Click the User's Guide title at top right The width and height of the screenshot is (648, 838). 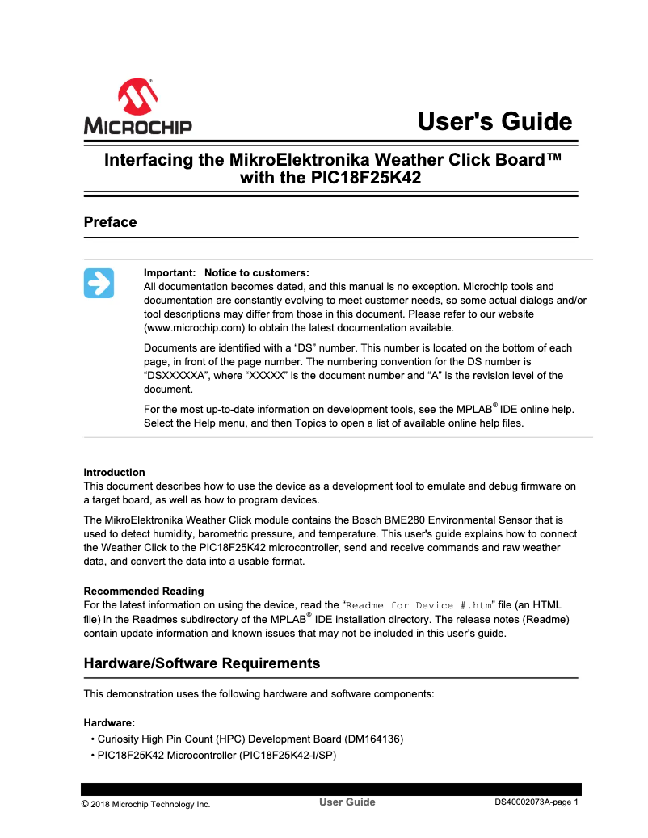click(494, 121)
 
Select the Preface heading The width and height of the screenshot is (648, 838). click(110, 222)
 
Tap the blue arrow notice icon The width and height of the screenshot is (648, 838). click(99, 283)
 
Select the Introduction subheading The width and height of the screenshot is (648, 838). click(115, 473)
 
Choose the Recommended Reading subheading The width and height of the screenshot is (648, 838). click(144, 591)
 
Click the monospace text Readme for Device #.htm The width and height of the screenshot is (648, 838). click(419, 605)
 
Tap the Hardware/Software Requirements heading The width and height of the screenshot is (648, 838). click(202, 663)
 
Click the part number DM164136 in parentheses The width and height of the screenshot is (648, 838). click(372, 739)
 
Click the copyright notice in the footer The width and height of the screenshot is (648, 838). click(145, 804)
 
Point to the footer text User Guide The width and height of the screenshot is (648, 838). click(347, 802)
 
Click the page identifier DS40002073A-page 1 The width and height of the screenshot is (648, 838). click(536, 802)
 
